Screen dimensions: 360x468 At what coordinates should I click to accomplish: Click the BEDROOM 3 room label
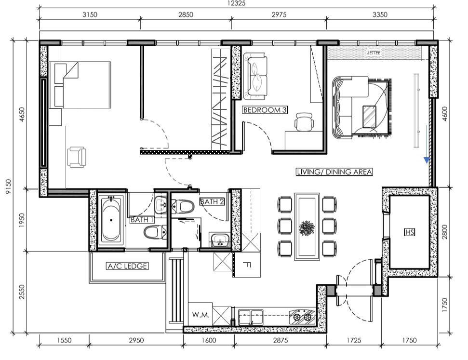265,110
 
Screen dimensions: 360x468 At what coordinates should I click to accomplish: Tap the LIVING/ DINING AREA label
334,172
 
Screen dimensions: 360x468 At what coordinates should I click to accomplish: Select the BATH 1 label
142,220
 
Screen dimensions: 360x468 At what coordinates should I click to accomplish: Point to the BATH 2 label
212,202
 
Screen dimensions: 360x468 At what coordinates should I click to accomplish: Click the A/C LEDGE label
127,266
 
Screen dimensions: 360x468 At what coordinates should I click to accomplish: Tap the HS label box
410,232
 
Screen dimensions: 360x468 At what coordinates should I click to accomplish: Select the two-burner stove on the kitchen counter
302,317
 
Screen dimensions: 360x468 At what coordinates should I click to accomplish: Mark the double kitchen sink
251,317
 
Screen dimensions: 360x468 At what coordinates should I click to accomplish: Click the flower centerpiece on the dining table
307,227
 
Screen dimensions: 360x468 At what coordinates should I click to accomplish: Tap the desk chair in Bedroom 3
304,122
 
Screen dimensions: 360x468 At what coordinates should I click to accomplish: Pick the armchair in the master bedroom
77,157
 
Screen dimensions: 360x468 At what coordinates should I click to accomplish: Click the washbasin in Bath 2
220,240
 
